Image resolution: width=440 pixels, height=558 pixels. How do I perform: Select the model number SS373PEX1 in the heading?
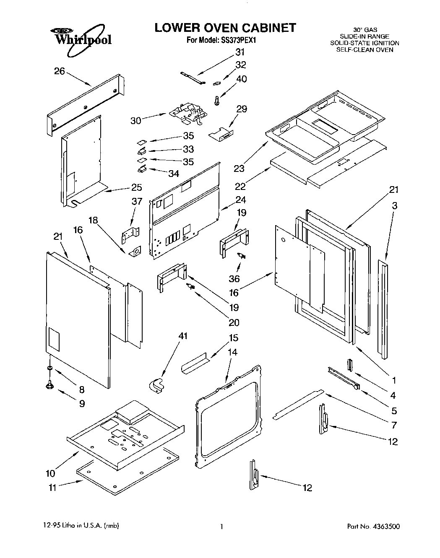pyautogui.click(x=237, y=41)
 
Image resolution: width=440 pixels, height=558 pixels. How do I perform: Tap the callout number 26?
pyautogui.click(x=60, y=71)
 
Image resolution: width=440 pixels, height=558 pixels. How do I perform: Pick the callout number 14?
pyautogui.click(x=232, y=352)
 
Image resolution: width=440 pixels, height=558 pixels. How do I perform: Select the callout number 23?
pyautogui.click(x=240, y=169)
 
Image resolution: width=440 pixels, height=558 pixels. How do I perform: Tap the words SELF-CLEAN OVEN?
pyautogui.click(x=364, y=49)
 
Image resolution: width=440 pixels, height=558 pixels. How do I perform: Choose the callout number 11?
pyautogui.click(x=52, y=488)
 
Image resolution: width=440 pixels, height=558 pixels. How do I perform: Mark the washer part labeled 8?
pyautogui.click(x=50, y=368)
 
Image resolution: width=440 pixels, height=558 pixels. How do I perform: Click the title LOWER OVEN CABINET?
pyautogui.click(x=225, y=28)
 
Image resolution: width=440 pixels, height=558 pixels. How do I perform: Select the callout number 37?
pyautogui.click(x=137, y=202)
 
